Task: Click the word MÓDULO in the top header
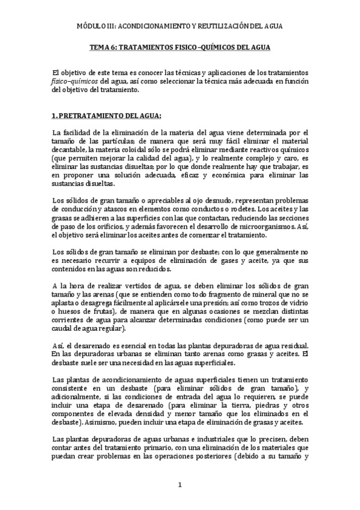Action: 92,26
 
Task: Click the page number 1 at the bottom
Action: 180,484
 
